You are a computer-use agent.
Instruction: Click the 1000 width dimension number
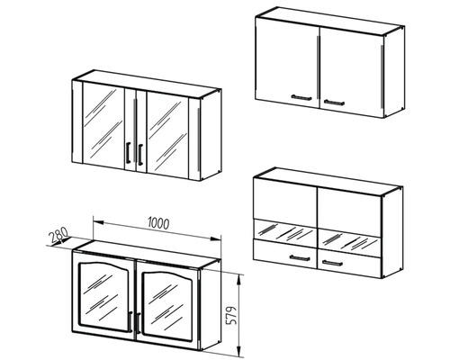158,223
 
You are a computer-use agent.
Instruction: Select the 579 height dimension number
231,316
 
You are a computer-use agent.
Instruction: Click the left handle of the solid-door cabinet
301,97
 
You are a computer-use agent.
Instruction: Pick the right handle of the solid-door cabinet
334,103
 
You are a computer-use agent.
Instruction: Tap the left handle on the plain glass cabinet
128,152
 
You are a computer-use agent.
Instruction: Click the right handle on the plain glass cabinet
140,154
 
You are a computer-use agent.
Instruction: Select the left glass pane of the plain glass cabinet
103,125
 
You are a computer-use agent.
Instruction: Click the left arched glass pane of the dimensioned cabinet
104,296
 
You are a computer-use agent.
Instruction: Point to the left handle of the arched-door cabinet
130,321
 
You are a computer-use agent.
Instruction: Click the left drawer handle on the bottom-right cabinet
300,257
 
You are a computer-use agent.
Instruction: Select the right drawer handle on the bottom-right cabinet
332,263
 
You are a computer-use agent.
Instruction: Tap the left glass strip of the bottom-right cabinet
285,230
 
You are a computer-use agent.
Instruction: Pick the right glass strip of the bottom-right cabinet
349,239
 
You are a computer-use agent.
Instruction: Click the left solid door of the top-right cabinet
287,63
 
